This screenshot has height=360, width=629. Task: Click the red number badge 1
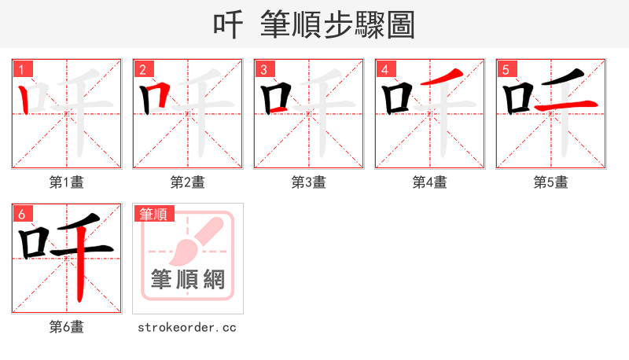click(x=21, y=69)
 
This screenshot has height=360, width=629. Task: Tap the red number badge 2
click(x=142, y=69)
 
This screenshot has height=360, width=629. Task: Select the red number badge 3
click(x=263, y=69)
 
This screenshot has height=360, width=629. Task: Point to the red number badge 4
click(x=384, y=69)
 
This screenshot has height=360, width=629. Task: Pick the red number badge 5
click(x=506, y=69)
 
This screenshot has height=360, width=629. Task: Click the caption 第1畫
click(x=67, y=182)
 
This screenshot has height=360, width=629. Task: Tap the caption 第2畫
click(x=188, y=182)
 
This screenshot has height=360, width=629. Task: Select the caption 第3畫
click(x=309, y=182)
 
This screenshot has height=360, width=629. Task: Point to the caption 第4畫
click(x=430, y=182)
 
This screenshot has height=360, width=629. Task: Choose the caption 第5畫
click(x=550, y=182)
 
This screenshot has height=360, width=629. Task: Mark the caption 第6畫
click(x=67, y=327)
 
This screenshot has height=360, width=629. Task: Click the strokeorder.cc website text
click(x=187, y=327)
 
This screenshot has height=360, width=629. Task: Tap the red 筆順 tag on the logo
click(x=154, y=214)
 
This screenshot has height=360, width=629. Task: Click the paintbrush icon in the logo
click(x=189, y=244)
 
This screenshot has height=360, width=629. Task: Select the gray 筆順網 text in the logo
click(x=188, y=279)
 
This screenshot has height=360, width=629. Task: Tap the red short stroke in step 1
click(x=25, y=98)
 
